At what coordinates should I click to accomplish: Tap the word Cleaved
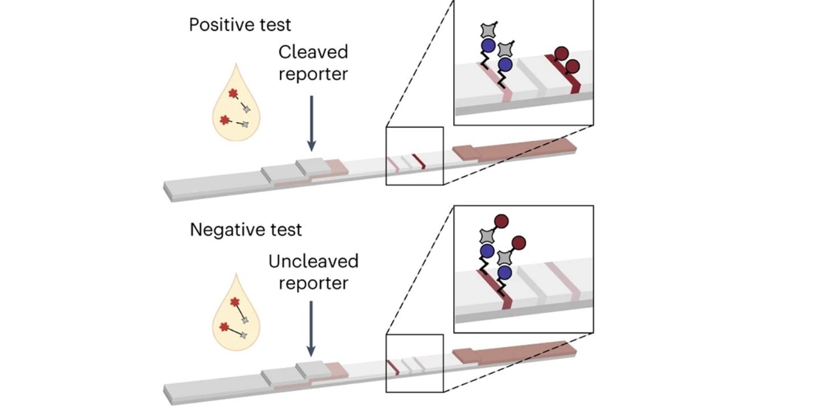313,52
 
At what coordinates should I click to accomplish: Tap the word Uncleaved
313,262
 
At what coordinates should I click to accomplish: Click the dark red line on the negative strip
392,368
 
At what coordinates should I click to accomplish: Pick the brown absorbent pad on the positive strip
513,150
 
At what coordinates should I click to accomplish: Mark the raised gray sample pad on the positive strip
311,166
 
